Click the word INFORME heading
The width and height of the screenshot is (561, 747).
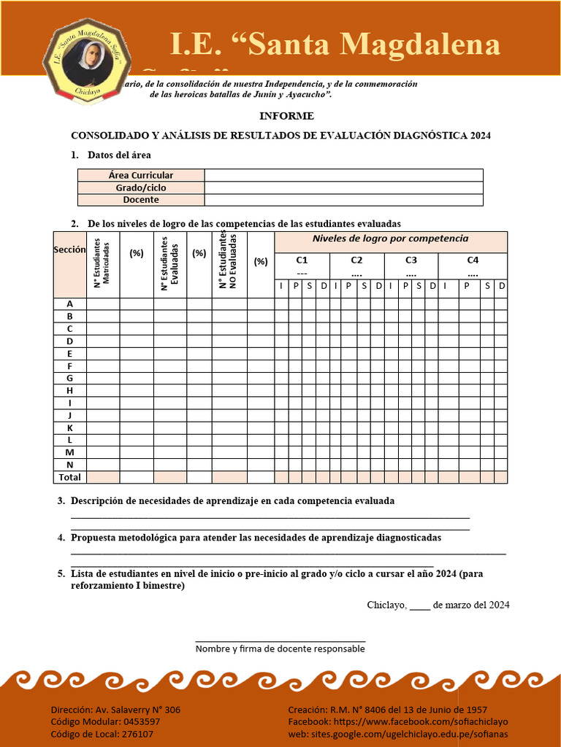(x=286, y=116)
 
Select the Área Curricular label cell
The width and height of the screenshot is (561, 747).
(x=141, y=175)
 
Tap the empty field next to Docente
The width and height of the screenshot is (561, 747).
(x=343, y=200)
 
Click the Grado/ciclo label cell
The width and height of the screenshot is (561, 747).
(x=141, y=187)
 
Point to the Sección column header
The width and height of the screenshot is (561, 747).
(x=69, y=250)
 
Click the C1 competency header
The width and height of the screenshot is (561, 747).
(x=302, y=260)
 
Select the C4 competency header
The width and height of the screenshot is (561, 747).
(x=473, y=260)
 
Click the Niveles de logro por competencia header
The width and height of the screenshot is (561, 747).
(x=390, y=239)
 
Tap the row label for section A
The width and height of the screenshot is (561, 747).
(x=69, y=303)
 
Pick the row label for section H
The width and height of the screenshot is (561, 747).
(x=69, y=390)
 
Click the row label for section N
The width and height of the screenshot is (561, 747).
(x=69, y=465)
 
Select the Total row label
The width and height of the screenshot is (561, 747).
(x=69, y=477)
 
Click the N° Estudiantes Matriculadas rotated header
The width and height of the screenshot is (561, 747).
(x=102, y=263)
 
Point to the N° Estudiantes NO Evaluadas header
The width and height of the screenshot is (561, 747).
(x=229, y=261)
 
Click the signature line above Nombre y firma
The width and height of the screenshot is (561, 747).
(x=280, y=640)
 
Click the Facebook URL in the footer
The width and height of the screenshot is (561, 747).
(x=397, y=721)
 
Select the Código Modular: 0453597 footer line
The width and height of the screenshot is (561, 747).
(x=105, y=721)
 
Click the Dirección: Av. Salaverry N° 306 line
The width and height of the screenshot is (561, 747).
(x=115, y=710)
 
